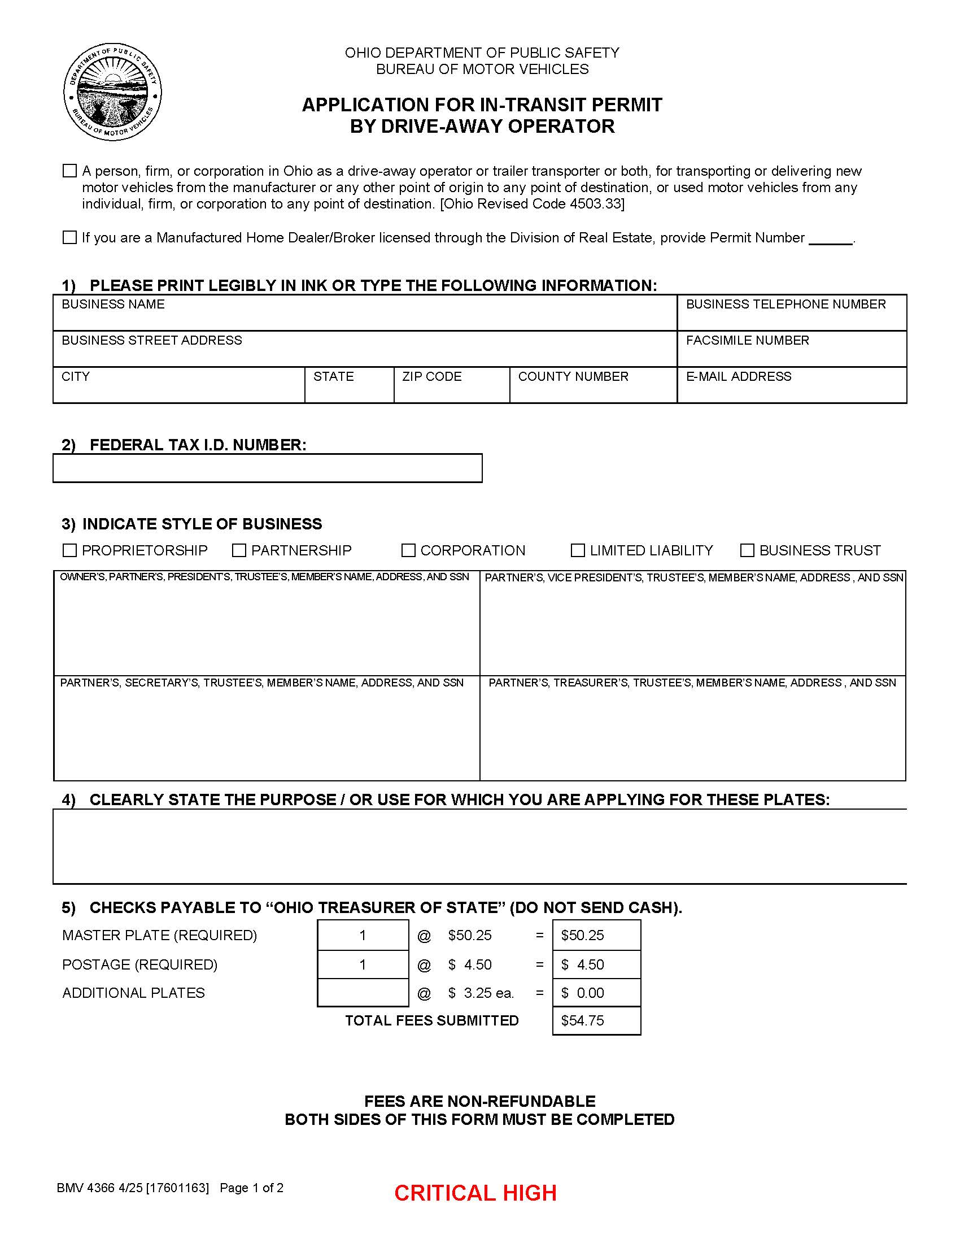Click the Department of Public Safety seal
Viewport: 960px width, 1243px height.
(x=112, y=92)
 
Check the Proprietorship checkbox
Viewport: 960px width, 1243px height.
(x=69, y=550)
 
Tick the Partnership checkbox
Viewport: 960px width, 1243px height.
(x=239, y=550)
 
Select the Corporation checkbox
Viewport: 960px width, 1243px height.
(x=408, y=550)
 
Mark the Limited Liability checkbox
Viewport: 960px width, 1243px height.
(x=578, y=550)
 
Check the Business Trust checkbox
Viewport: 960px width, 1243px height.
(x=747, y=550)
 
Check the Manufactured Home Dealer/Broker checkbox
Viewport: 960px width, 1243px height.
(x=69, y=237)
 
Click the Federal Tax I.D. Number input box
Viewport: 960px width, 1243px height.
(x=267, y=468)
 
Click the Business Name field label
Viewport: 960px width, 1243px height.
(x=113, y=304)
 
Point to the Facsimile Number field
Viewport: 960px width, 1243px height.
(x=792, y=353)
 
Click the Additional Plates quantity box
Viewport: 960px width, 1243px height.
(x=363, y=993)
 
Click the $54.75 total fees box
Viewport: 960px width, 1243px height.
(x=596, y=1021)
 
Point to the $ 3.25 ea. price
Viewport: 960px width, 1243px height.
(x=481, y=993)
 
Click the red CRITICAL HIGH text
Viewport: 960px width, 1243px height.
(x=475, y=1193)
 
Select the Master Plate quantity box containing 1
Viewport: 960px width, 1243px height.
(x=363, y=935)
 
